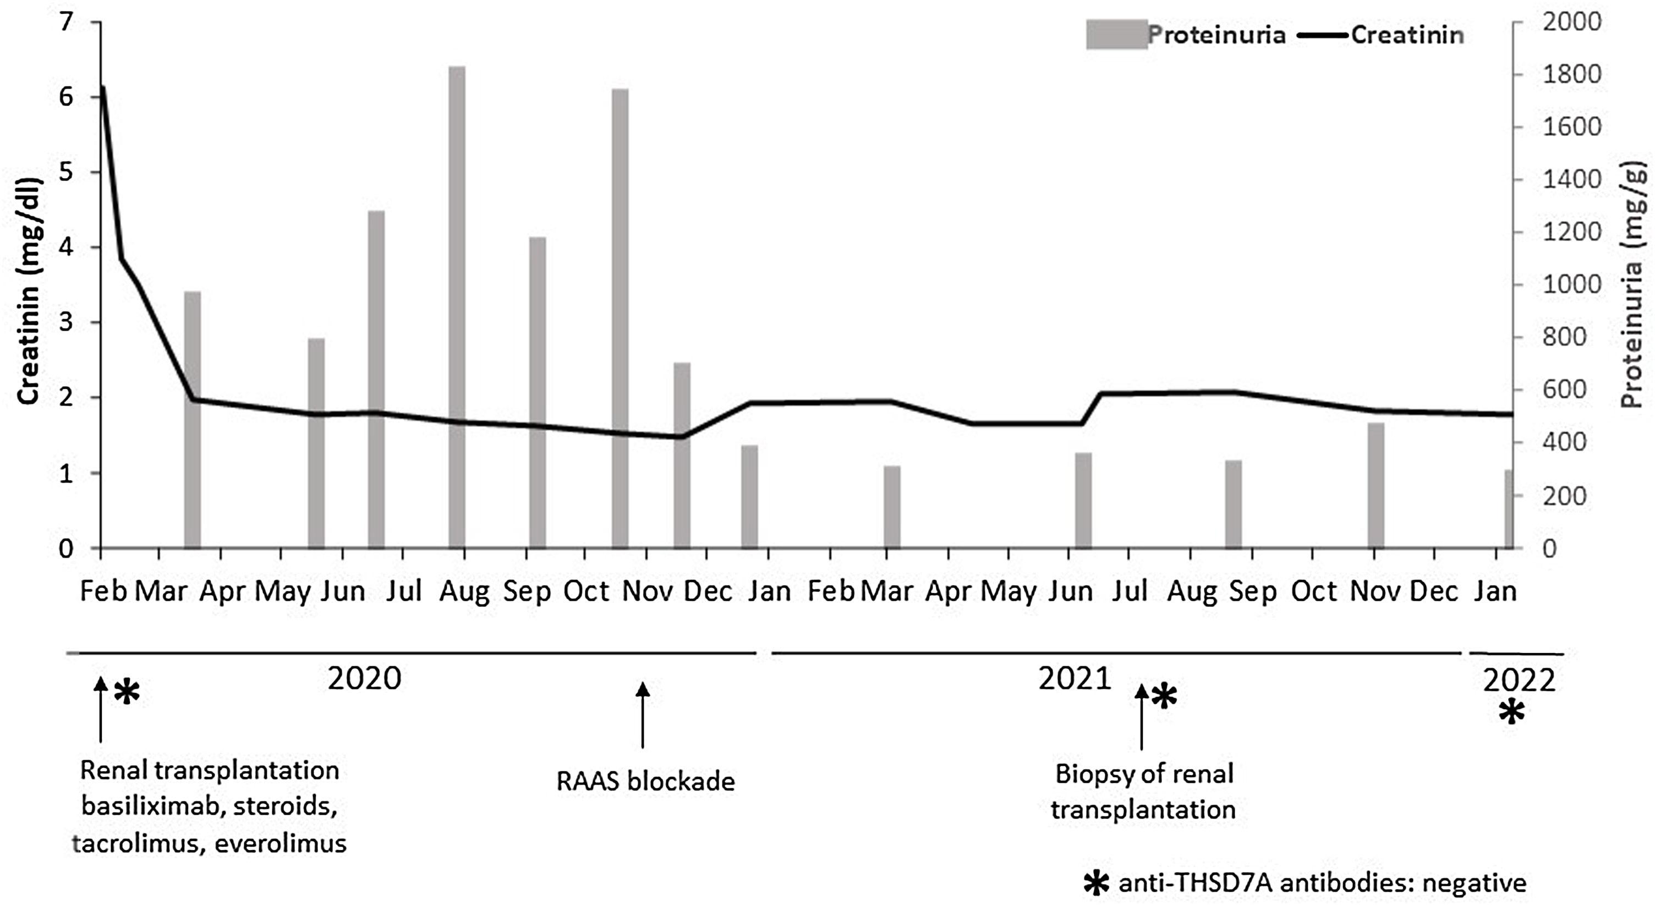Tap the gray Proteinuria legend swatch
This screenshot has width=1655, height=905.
tap(1116, 35)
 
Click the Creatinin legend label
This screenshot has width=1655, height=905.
tap(1407, 35)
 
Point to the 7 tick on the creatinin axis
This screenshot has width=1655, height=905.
tap(66, 23)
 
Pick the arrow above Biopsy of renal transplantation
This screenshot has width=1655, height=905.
tap(1141, 716)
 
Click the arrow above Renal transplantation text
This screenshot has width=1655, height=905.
tap(100, 709)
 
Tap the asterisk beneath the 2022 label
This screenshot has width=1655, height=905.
tap(1512, 713)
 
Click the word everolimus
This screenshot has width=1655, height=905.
tap(281, 843)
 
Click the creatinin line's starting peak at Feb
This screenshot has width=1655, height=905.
tap(102, 88)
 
